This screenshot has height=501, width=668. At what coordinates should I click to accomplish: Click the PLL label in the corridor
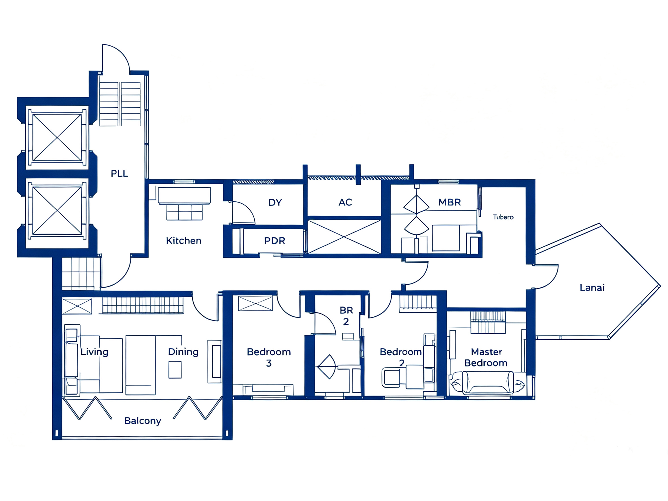pos(119,174)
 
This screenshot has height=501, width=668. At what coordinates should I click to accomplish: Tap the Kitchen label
pos(184,241)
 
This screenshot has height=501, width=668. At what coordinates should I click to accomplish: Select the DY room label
pos(275,203)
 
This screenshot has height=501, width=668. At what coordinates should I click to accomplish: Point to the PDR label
pos(275,241)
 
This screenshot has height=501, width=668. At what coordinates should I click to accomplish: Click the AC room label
pos(345,202)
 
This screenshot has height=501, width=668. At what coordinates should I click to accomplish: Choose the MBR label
pos(449,202)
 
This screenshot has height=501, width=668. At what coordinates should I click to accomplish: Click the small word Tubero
pos(503,217)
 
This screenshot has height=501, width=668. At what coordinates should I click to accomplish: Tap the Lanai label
pos(592,287)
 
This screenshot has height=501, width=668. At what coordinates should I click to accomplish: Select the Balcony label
pos(143,421)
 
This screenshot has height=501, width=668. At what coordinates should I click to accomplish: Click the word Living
pos(94,352)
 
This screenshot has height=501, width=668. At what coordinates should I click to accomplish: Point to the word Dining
pos(183,352)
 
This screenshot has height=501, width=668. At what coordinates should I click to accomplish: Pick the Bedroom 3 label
pos(269,357)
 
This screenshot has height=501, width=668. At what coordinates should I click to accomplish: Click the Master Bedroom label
pos(486,357)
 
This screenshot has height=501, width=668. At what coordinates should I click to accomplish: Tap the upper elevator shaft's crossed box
pos(57,138)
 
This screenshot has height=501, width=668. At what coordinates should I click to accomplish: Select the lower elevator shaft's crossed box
pos(57,210)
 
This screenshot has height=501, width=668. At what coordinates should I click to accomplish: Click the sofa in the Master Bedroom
pos(488,383)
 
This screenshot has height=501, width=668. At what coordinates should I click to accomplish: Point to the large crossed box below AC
pos(344,237)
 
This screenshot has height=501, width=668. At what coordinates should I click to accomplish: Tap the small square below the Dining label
pos(175,370)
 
